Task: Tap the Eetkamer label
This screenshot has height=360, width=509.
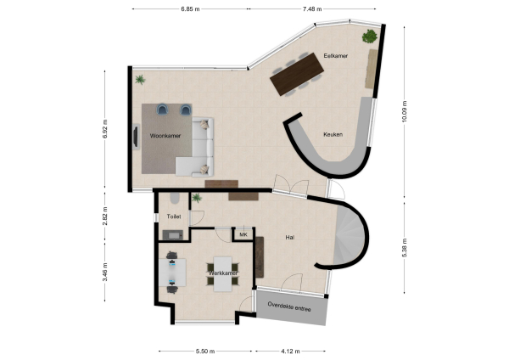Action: [336, 56]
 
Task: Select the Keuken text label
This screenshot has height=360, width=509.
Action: [333, 134]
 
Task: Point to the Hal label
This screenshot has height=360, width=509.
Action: [290, 239]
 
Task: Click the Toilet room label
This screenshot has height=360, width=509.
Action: [174, 217]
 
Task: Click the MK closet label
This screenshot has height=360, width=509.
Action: [243, 234]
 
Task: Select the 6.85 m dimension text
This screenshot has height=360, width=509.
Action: [191, 9]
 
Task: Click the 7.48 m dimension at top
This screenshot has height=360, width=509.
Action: [311, 9]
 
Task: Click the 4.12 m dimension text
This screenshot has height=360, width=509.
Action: [291, 351]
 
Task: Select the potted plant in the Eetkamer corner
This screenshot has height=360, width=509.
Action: [369, 36]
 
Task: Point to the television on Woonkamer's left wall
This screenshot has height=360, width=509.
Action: [136, 136]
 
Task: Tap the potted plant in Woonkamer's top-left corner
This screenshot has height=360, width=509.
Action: [140, 79]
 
